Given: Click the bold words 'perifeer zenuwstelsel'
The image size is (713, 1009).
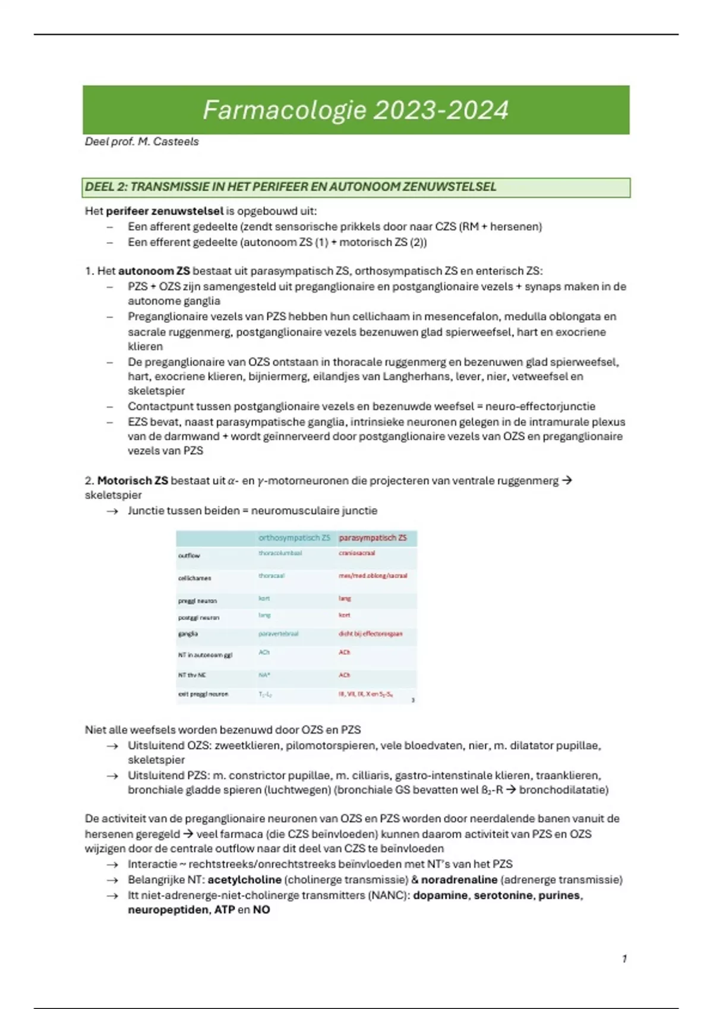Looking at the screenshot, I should pyautogui.click(x=165, y=211).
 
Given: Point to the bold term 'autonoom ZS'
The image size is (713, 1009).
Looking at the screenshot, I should pyautogui.click(x=154, y=271).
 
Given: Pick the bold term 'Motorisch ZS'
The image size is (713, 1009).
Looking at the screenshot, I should pyautogui.click(x=132, y=481).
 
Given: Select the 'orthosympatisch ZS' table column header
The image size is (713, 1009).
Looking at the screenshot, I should pyautogui.click(x=294, y=538).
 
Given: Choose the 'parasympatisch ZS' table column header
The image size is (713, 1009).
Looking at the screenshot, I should pyautogui.click(x=373, y=538).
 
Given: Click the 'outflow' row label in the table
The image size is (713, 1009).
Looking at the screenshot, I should pyautogui.click(x=189, y=556).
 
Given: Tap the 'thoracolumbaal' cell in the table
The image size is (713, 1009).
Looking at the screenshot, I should pyautogui.click(x=280, y=553).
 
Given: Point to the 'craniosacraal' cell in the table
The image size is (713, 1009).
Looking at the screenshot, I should pyautogui.click(x=356, y=553).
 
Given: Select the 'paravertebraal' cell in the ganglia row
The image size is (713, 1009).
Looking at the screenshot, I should pyautogui.click(x=278, y=634).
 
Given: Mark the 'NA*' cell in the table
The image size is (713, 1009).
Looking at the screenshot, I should pyautogui.click(x=264, y=675).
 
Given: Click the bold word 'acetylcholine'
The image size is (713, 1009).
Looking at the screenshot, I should pyautogui.click(x=244, y=880).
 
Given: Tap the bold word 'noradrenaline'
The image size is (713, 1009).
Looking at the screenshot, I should pyautogui.click(x=459, y=880).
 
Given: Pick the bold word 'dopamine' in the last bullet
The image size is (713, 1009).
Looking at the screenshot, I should pyautogui.click(x=440, y=896).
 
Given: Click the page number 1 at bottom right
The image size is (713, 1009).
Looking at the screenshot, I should pyautogui.click(x=624, y=959).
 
